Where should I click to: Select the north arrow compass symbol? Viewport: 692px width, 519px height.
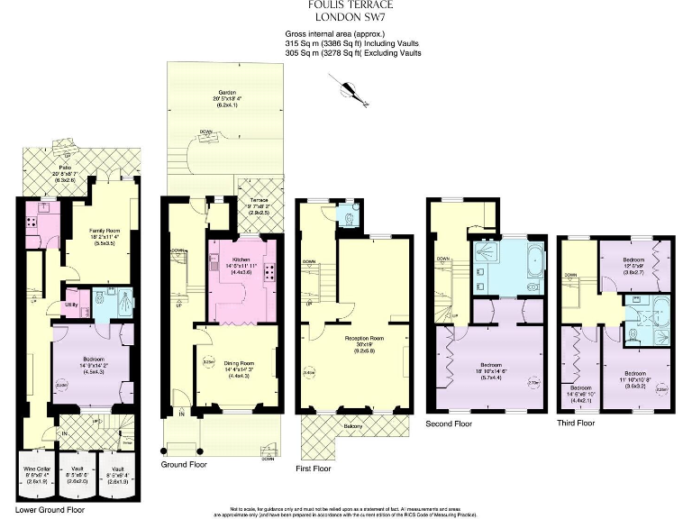point(345,86)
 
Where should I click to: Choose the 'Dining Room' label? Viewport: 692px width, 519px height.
point(227,363)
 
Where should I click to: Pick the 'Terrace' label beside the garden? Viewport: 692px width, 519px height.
point(256,203)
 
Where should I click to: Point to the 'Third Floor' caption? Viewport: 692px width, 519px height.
point(578,422)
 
